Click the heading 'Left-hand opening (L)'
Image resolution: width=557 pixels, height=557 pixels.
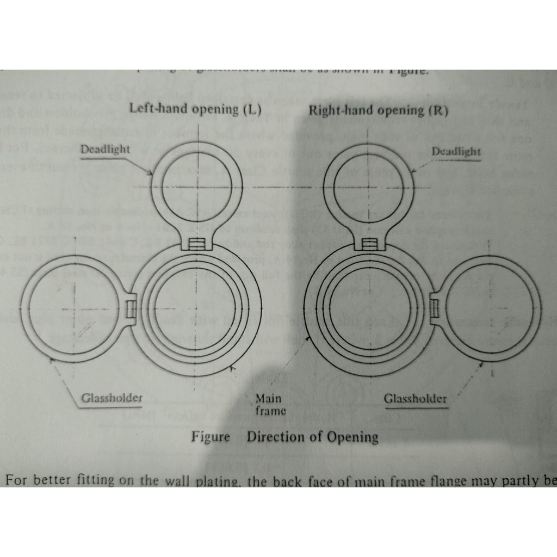[195, 109]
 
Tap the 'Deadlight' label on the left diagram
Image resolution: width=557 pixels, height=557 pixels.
[106, 149]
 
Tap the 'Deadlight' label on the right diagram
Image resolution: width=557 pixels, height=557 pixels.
[456, 151]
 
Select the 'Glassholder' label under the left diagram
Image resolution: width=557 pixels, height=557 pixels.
[112, 398]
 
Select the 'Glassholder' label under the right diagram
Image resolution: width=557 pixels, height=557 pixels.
[415, 399]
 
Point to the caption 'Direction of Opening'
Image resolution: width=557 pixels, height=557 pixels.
[312, 436]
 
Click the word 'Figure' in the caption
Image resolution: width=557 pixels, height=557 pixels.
[211, 436]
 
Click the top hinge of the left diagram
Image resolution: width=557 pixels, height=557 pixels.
[197, 243]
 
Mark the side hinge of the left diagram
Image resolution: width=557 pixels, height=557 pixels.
[131, 309]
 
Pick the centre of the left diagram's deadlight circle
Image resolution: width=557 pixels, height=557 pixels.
[197, 187]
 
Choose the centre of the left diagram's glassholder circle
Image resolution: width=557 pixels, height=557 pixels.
[73, 309]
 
